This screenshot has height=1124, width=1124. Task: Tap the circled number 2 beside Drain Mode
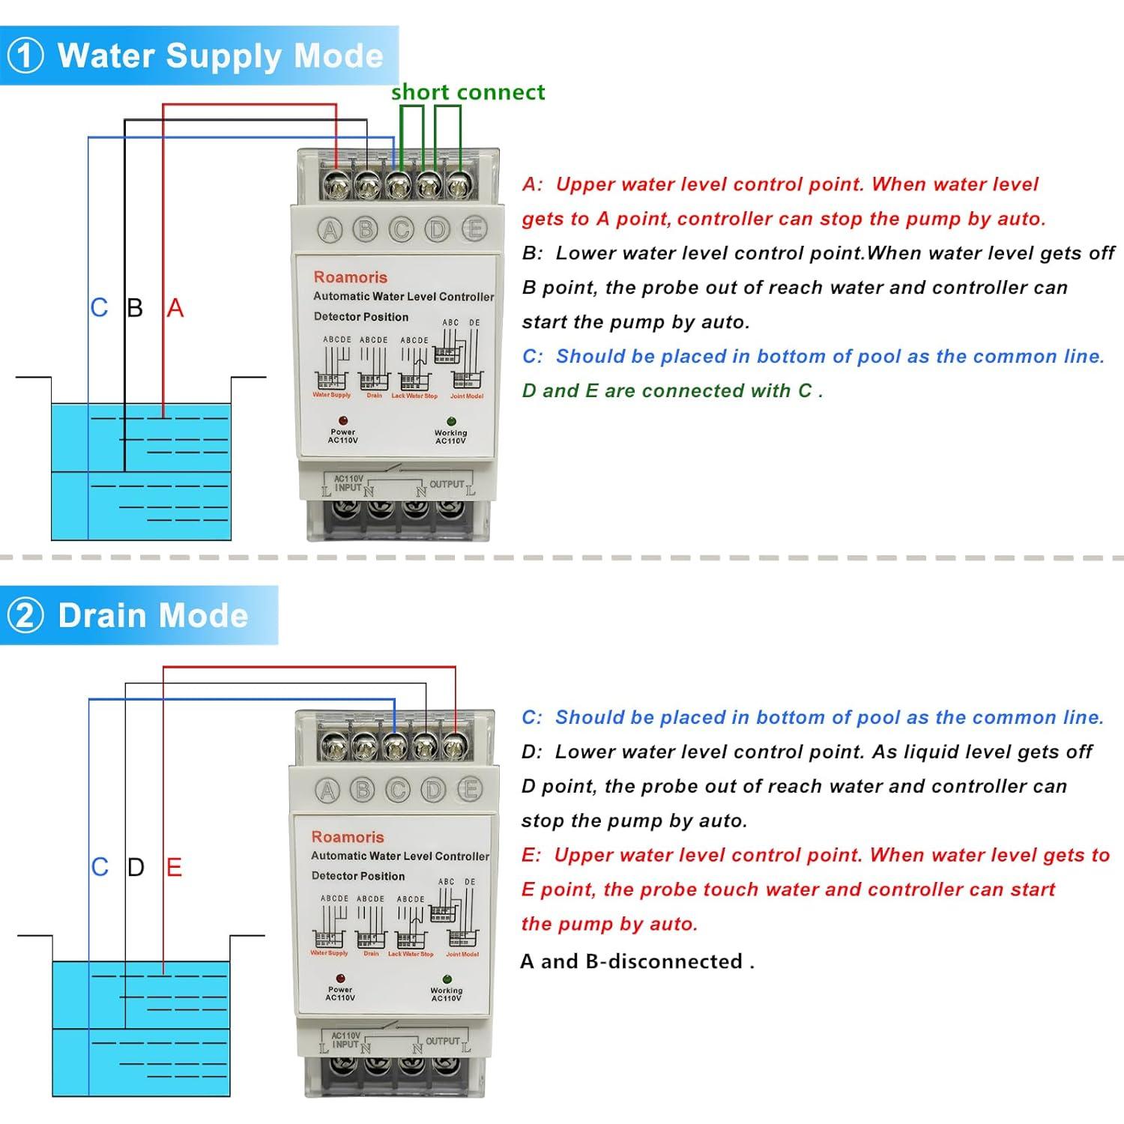click(25, 616)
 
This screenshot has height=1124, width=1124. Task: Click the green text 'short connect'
click(468, 92)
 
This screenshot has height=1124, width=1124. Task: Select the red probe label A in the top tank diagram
click(175, 308)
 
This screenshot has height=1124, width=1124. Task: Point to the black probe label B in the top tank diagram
click(135, 308)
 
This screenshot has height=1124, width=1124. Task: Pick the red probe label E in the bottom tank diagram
click(174, 868)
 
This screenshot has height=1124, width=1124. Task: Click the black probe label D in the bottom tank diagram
click(136, 868)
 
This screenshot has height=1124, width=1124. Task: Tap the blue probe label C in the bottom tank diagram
click(100, 868)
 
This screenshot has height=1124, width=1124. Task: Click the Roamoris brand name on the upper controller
click(351, 277)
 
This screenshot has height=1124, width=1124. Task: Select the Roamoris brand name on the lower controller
click(348, 837)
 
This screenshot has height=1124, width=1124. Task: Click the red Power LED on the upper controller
click(342, 420)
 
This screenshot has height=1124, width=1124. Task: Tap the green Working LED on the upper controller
click(451, 421)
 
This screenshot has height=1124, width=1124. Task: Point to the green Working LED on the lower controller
click(447, 979)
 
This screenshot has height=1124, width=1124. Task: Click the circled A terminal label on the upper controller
click(330, 230)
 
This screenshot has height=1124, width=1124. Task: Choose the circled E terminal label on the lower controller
click(470, 789)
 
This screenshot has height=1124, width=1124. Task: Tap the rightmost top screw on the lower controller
click(453, 745)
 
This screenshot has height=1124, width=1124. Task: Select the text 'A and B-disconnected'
click(636, 961)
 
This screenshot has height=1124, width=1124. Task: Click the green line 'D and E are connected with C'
click(672, 391)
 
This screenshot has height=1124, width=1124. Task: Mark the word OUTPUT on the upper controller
click(447, 484)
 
